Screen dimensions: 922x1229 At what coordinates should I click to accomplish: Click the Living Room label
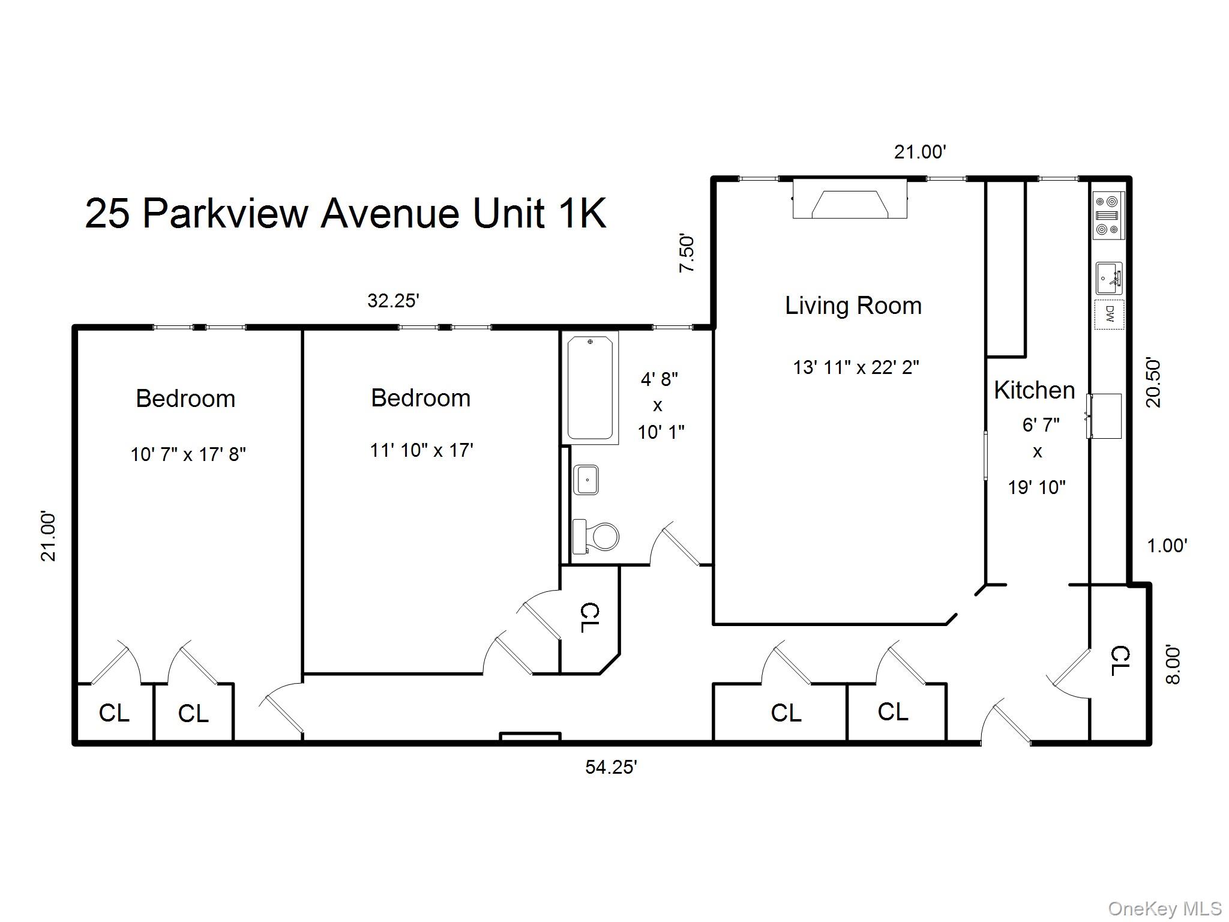tap(853, 306)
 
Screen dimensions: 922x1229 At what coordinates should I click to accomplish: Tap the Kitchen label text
tap(1034, 390)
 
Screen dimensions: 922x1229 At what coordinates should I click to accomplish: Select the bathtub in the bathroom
tap(590, 388)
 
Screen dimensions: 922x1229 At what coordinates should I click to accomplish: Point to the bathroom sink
tap(586, 480)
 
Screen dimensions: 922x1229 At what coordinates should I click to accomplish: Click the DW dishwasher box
tap(1109, 314)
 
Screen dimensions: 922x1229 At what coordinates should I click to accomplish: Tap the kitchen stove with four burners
tap(1108, 215)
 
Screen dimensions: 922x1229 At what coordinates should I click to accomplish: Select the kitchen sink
tap(1108, 279)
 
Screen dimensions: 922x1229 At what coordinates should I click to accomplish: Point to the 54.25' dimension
tap(611, 767)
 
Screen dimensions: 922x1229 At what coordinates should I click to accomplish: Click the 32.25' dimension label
tap(392, 301)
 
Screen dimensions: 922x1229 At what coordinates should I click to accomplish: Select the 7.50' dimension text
tap(687, 254)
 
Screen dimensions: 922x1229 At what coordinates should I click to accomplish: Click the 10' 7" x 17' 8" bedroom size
tap(188, 454)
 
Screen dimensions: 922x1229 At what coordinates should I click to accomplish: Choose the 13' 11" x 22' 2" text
tap(856, 367)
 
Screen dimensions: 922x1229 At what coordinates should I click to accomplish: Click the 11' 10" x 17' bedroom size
tap(421, 450)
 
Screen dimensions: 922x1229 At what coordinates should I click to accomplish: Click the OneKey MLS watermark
tap(1164, 909)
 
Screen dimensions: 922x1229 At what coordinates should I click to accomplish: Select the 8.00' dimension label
tap(1173, 664)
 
